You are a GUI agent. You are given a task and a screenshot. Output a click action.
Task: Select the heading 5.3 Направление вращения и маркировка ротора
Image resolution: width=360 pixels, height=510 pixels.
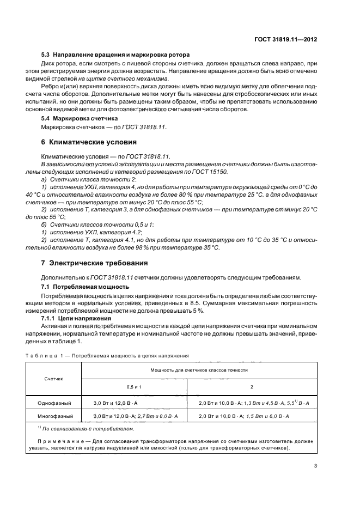point(115,54)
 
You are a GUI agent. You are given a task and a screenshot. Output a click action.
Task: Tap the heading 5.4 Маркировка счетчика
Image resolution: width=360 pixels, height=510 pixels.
point(83,118)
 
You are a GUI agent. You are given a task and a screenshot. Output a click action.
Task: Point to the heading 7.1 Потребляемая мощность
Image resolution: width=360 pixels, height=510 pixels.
point(85,286)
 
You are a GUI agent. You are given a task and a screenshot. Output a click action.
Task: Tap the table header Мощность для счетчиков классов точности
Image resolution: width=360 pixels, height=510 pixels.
point(199,369)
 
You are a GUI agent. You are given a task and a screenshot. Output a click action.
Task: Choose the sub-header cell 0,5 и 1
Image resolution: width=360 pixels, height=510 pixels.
point(134,386)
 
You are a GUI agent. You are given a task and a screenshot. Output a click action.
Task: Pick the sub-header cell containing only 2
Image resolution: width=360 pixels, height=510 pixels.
point(251,386)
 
